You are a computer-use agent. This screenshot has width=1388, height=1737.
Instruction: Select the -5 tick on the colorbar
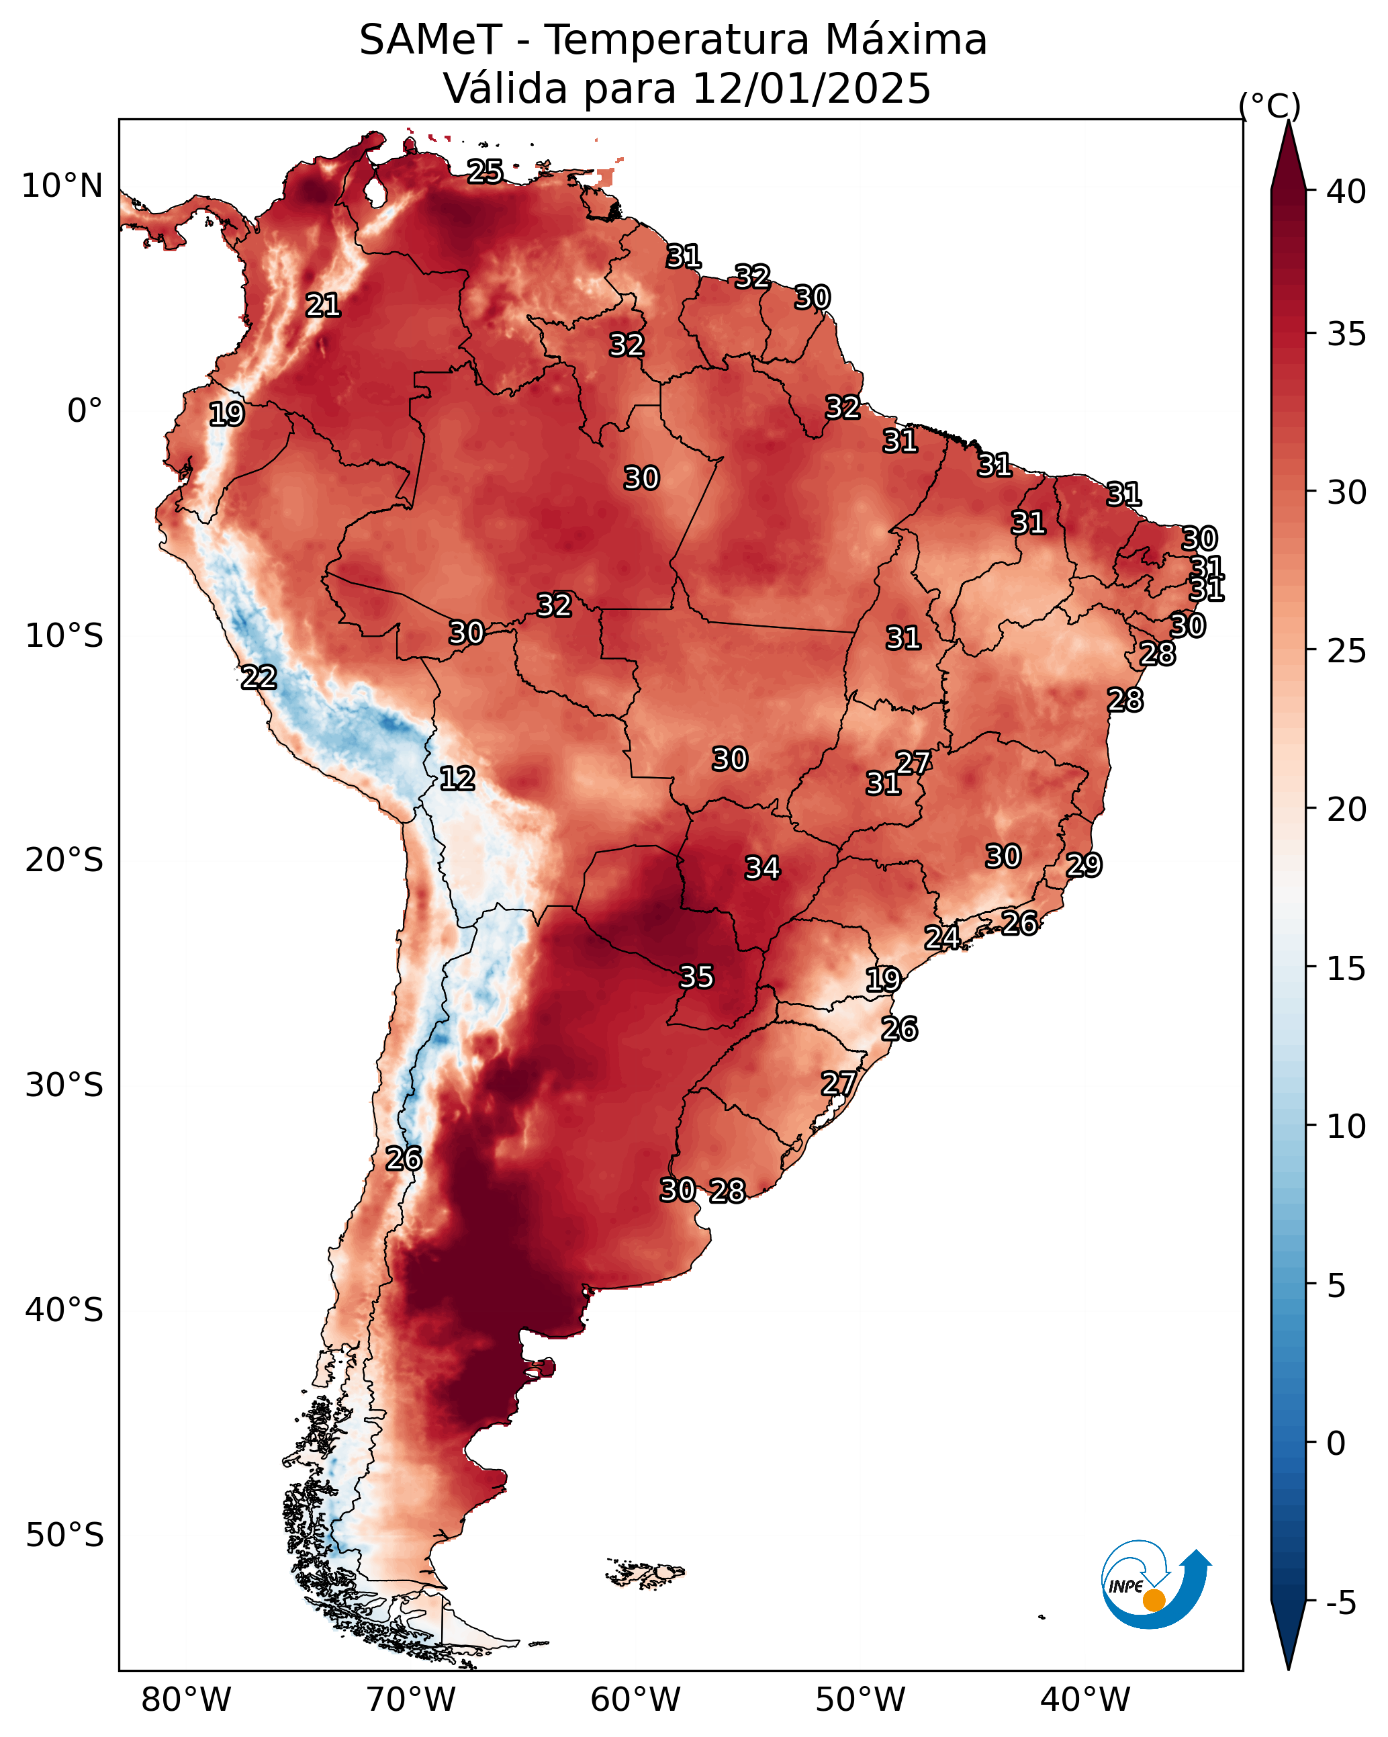point(1341,1603)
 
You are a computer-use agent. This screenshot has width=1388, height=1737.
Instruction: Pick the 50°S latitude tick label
point(64,1535)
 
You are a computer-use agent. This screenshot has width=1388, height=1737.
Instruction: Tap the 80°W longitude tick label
point(186,1700)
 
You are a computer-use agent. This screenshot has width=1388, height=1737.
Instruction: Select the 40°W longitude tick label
point(1085,1700)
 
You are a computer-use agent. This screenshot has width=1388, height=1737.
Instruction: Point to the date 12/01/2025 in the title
point(811,89)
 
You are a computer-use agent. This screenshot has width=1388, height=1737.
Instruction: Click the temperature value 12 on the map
point(457,778)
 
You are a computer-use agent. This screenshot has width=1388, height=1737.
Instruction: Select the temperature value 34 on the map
point(762,868)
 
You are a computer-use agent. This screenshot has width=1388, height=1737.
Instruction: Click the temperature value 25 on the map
point(485,171)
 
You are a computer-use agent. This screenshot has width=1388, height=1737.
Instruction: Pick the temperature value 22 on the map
point(259,677)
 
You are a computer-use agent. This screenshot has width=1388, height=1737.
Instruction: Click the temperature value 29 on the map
point(1084,864)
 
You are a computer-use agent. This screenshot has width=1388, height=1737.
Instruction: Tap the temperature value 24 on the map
point(941,937)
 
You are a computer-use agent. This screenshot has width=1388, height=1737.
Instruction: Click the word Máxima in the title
point(907,40)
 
